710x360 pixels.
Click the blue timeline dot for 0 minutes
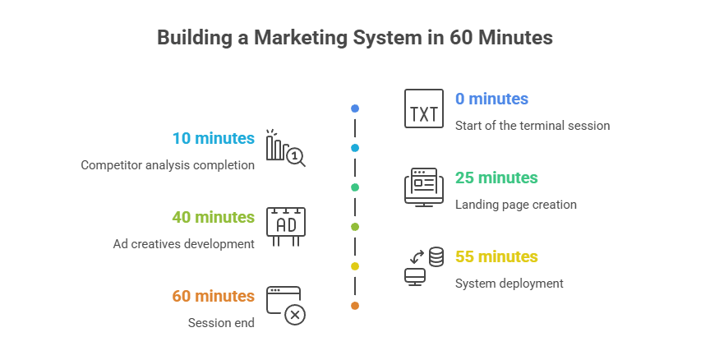click(x=354, y=108)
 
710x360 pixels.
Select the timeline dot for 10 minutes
click(x=354, y=148)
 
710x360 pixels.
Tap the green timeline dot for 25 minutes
click(x=354, y=187)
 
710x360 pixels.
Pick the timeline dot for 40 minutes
click(x=354, y=227)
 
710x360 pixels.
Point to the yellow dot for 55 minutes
click(x=354, y=266)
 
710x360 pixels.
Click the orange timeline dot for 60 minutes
click(x=354, y=306)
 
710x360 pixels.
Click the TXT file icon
click(x=423, y=108)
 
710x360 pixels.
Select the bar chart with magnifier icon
click(x=284, y=148)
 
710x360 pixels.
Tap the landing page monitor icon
click(x=423, y=187)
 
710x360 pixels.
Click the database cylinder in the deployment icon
click(x=436, y=256)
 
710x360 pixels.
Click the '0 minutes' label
click(x=491, y=99)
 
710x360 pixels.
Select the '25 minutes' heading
click(x=496, y=178)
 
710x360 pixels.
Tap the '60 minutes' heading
click(x=213, y=297)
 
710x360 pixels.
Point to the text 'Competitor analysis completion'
click(x=168, y=165)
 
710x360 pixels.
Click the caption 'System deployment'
click(x=509, y=284)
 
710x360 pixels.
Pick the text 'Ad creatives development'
click(x=183, y=244)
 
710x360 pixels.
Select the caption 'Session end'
click(x=221, y=323)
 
